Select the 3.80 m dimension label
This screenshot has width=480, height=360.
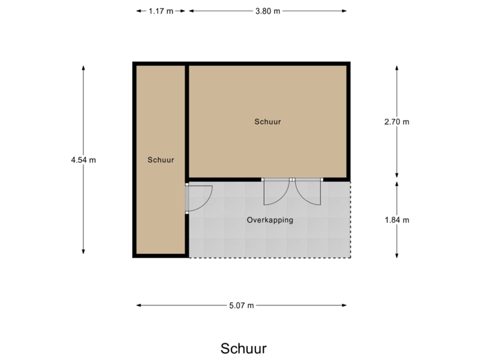coord(267,11)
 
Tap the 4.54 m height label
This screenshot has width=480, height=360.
coord(83,159)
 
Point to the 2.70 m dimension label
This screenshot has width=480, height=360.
coord(397,121)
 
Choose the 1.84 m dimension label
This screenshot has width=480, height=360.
coord(397,219)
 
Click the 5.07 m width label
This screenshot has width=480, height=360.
coord(241,305)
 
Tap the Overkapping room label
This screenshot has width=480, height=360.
coord(270,219)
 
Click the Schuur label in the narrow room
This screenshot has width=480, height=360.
coord(161,160)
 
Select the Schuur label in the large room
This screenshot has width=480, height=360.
coord(267,122)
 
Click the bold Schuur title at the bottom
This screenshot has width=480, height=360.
coord(243,349)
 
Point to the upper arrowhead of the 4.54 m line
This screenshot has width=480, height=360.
coord(83,67)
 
